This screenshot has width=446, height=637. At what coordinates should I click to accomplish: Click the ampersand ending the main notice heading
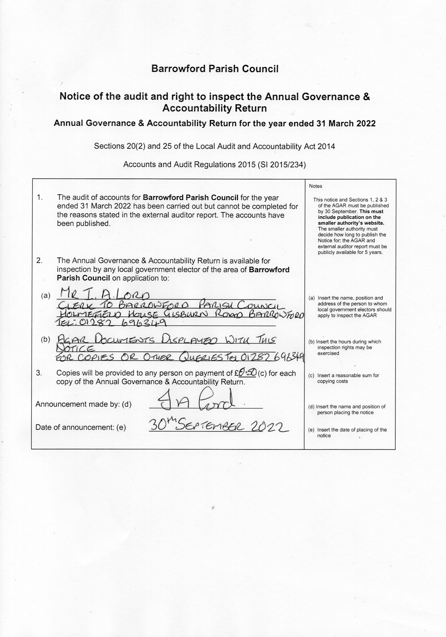coord(367,97)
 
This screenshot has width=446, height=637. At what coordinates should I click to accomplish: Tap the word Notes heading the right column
coord(316,186)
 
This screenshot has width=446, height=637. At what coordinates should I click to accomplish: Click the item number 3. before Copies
coord(39,373)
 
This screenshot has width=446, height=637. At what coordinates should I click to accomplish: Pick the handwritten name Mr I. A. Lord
coord(105,293)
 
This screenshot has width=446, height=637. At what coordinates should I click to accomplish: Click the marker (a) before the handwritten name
coord(45,296)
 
